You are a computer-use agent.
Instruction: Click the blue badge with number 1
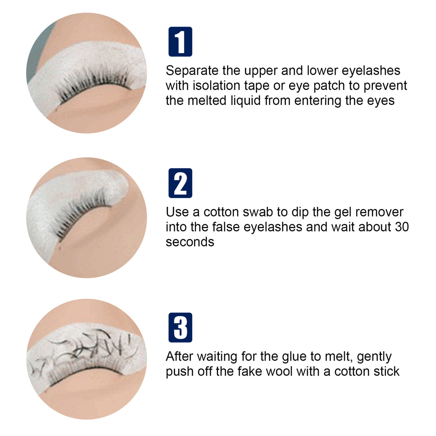tap(180, 42)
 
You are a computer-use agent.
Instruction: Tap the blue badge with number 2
tap(180, 183)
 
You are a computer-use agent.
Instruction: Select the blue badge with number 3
tap(180, 328)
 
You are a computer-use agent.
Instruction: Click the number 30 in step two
tap(401, 227)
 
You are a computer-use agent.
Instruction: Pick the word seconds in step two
tap(190, 242)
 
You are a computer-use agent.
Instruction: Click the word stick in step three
tap(386, 372)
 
